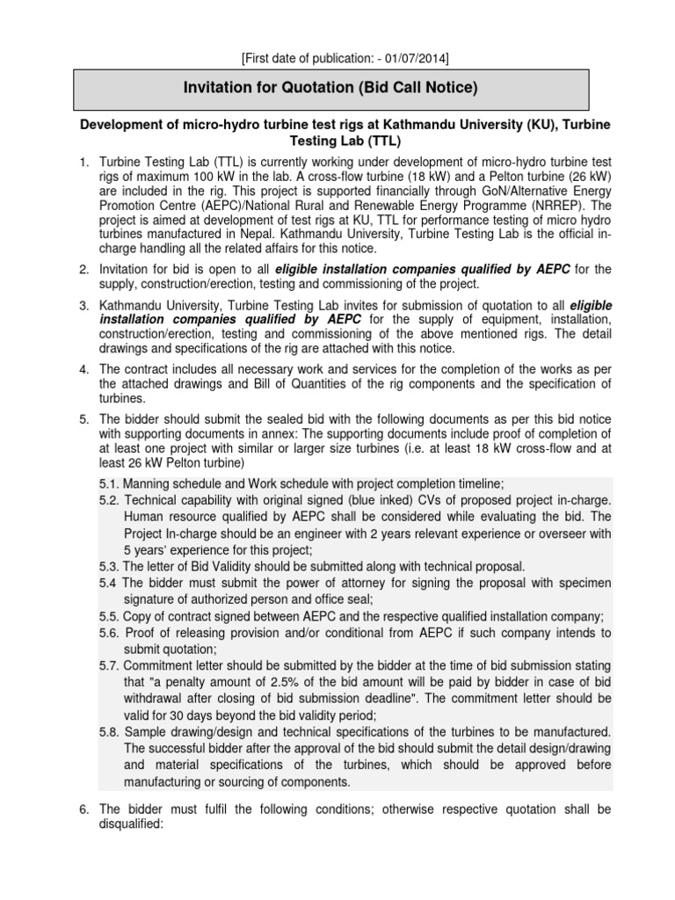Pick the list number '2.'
click(x=84, y=268)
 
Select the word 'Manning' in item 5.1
click(x=149, y=483)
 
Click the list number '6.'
click(x=84, y=809)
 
